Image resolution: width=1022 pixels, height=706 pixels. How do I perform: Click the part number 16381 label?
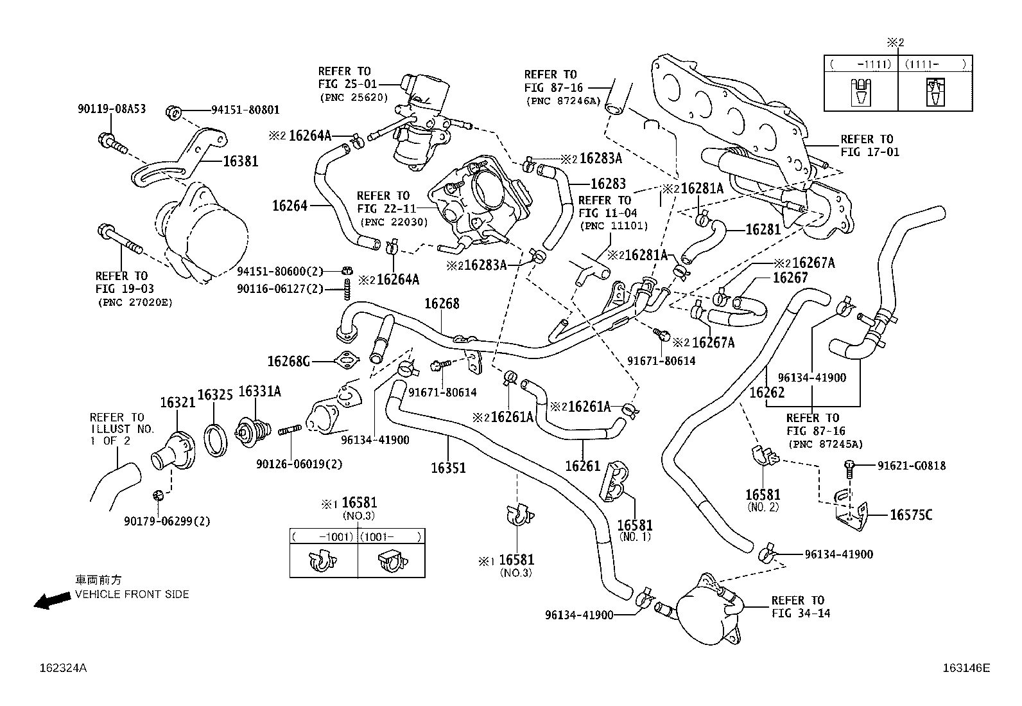pyautogui.click(x=241, y=161)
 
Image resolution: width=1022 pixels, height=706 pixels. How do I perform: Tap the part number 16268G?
pyautogui.click(x=288, y=362)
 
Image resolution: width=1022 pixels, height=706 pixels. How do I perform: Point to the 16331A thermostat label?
pyautogui.click(x=259, y=392)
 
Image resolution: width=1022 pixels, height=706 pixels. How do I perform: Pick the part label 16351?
pyautogui.click(x=448, y=468)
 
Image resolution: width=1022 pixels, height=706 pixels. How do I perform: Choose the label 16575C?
pyautogui.click(x=911, y=515)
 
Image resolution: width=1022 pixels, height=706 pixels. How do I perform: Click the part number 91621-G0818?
pyautogui.click(x=912, y=466)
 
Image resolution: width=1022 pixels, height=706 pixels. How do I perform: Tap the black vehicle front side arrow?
pyautogui.click(x=52, y=601)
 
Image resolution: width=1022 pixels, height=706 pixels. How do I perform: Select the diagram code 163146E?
pyautogui.click(x=966, y=668)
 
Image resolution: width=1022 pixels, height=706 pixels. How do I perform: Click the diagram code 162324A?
pyautogui.click(x=62, y=668)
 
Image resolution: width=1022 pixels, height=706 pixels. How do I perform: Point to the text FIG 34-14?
pyautogui.click(x=801, y=613)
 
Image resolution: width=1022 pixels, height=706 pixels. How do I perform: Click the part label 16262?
pyautogui.click(x=767, y=393)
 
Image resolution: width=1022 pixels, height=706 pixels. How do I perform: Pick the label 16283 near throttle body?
pyautogui.click(x=607, y=184)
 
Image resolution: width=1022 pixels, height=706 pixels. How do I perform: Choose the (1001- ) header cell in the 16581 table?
pyautogui.click(x=391, y=536)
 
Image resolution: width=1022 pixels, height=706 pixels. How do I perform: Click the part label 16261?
pyautogui.click(x=582, y=466)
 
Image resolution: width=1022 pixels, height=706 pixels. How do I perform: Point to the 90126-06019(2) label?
pyautogui.click(x=299, y=464)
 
